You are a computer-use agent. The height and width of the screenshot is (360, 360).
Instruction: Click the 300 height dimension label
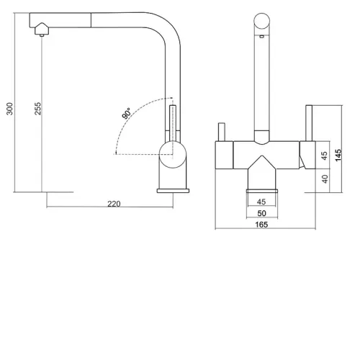pos(9,109)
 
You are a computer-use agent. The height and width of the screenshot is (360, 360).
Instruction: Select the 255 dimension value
pos(37,109)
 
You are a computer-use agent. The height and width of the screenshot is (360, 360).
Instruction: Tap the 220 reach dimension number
pos(114,204)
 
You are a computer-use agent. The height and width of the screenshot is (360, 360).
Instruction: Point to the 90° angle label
pos(127,113)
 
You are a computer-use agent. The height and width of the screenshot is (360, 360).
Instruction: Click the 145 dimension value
pos(338,155)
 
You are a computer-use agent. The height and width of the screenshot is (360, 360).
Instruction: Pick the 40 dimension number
pos(325,179)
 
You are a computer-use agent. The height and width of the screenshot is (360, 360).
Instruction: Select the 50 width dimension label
pos(261,213)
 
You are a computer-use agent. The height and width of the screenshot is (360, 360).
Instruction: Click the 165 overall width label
pos(261,225)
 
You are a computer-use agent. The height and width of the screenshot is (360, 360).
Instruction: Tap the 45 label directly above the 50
pos(261,202)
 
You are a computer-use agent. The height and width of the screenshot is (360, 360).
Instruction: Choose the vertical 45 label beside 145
pos(324,156)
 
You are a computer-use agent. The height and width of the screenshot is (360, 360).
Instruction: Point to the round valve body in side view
pos(173,155)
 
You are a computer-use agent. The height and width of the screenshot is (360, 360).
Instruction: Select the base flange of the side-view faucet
pos(173,191)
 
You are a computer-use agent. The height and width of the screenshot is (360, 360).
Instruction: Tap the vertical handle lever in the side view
pos(173,123)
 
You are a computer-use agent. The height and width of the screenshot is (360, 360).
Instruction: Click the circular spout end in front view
pos(262,21)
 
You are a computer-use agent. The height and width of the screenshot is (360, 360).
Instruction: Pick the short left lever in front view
pos(222,132)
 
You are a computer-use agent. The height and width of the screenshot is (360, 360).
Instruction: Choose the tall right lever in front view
pos(309,123)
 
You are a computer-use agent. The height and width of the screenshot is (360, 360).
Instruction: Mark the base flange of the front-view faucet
pos(262,191)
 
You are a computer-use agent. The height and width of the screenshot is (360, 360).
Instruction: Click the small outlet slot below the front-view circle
pos(262,37)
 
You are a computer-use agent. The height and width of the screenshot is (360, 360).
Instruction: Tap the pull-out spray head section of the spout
pos(60,20)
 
